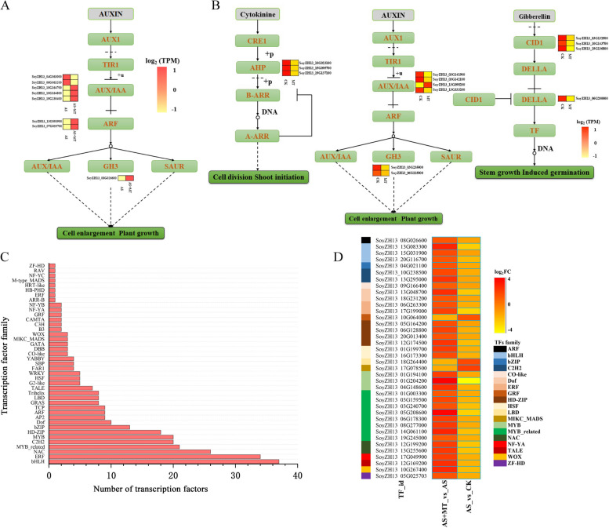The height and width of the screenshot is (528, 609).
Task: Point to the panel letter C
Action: click(6, 257)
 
